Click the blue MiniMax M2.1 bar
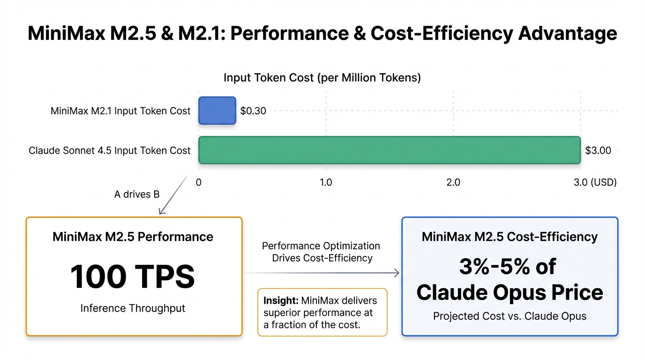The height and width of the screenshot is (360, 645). (217, 111)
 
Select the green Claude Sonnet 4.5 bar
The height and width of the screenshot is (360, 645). (389, 150)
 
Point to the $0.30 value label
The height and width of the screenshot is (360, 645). (253, 111)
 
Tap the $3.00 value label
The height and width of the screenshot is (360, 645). (598, 150)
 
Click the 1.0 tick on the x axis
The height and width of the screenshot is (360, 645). (326, 182)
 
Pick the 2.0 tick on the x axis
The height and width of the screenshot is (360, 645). (453, 182)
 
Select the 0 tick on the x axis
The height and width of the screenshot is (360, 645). (199, 182)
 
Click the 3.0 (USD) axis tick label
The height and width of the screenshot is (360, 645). (595, 182)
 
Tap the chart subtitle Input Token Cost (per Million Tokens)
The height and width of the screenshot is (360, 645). (322, 78)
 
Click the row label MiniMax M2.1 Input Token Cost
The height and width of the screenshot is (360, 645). (120, 111)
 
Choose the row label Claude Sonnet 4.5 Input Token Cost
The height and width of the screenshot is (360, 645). (110, 150)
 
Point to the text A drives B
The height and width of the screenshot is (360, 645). (137, 194)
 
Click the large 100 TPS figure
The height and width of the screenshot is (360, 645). (133, 277)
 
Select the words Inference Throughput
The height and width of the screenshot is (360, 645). (133, 308)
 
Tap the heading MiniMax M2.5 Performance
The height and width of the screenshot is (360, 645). (133, 237)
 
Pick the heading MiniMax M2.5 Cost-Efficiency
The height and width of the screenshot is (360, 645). (510, 237)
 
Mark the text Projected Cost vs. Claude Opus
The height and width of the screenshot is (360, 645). (510, 316)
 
